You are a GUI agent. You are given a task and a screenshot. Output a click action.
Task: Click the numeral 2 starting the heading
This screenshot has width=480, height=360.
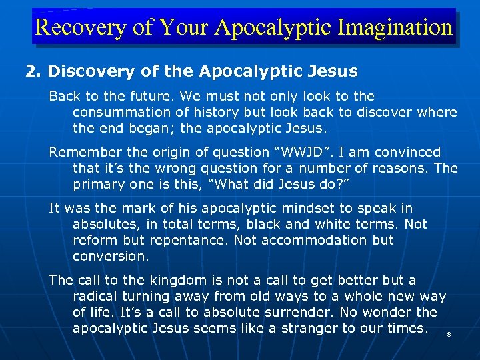(29, 71)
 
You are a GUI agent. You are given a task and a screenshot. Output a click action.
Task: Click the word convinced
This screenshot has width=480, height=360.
(406, 152)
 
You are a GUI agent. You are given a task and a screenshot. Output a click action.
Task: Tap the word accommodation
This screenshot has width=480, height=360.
(323, 240)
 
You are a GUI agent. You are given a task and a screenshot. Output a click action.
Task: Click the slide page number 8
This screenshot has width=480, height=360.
(448, 335)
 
